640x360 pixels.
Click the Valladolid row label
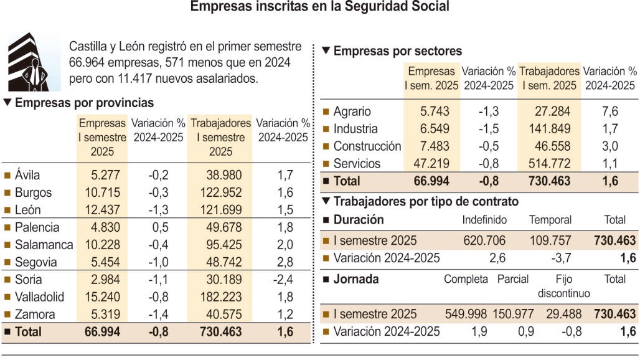[x=39, y=296]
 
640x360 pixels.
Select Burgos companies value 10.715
[x=103, y=192]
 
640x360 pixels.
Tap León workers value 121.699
[x=221, y=210]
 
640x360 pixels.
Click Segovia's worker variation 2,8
[x=285, y=262]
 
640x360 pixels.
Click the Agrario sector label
[x=352, y=111]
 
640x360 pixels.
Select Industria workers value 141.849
[x=549, y=128]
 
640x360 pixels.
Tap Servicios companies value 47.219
[x=431, y=164]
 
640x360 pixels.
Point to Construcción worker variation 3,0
[x=609, y=146]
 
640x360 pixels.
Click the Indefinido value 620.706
[x=484, y=240]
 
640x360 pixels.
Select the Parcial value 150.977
[x=513, y=314]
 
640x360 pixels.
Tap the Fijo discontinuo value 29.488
[x=563, y=314]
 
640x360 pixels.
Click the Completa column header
[x=466, y=279]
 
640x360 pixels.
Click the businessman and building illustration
[x=34, y=62]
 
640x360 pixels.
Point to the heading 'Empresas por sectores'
[x=398, y=51]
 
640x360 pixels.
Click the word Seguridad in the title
[x=376, y=6]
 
